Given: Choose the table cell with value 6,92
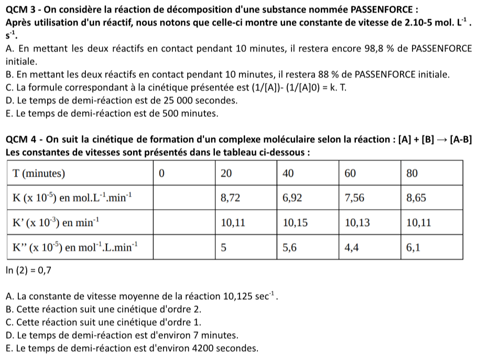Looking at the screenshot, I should [x=293, y=198].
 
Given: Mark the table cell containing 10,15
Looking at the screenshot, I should [x=295, y=223].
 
